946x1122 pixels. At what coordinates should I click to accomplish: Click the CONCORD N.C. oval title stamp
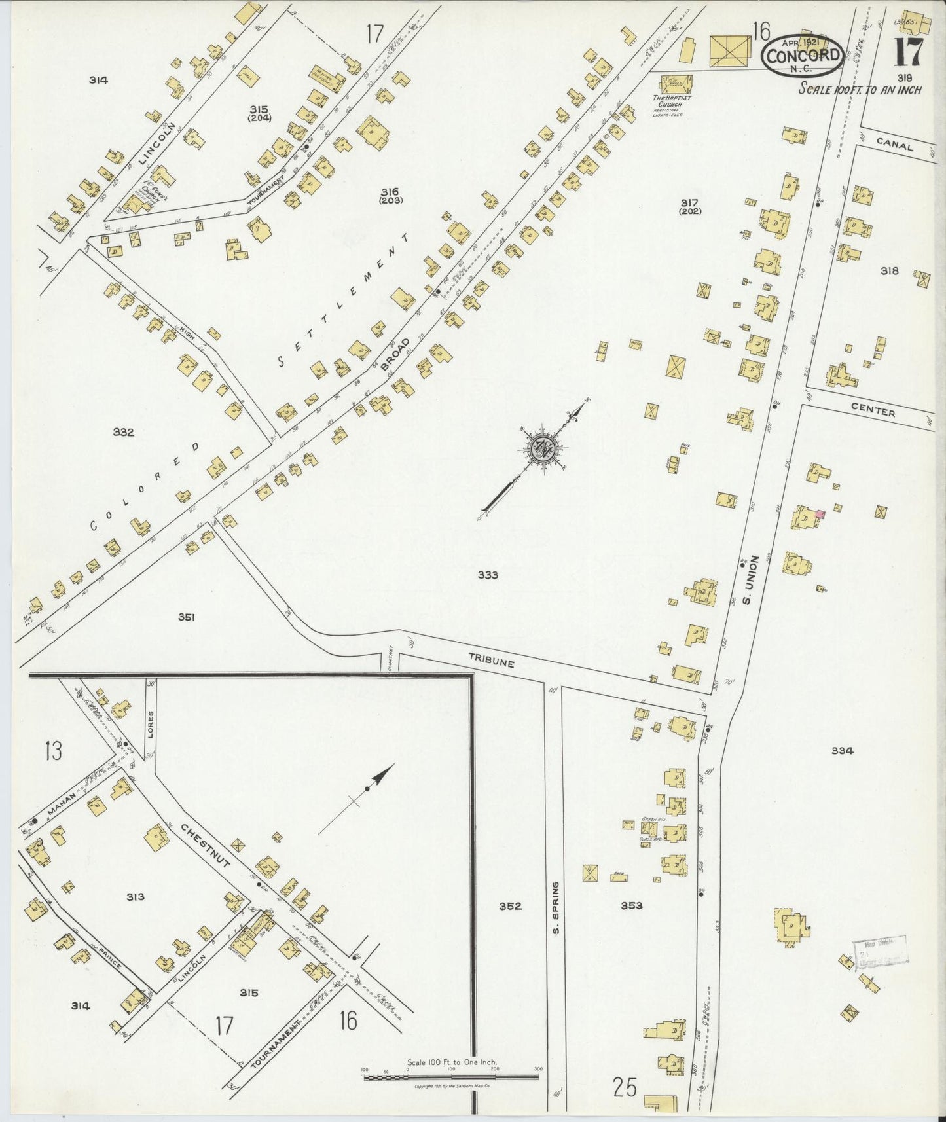[x=803, y=54]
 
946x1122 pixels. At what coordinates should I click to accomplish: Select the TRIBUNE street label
[x=491, y=662]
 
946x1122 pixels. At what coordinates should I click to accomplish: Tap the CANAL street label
[x=895, y=147]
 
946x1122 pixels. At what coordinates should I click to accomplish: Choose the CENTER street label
[x=873, y=412]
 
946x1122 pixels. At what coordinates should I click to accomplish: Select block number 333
[x=488, y=575]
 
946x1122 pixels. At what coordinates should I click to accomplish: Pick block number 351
[x=186, y=617]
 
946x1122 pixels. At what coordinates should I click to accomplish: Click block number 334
[x=842, y=751]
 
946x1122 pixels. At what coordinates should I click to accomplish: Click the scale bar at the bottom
[x=450, y=1072]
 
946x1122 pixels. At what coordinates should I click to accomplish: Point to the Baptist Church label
[x=673, y=101]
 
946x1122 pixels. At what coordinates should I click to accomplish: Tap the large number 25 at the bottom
[x=625, y=1088]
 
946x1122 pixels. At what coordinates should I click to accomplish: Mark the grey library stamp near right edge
[x=881, y=951]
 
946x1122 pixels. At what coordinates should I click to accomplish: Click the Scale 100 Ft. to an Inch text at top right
[x=860, y=89]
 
